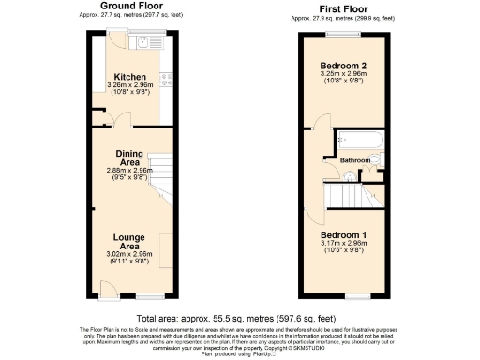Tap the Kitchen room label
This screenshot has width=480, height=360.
128,77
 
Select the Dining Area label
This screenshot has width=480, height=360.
128,157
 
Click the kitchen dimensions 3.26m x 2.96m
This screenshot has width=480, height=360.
128,85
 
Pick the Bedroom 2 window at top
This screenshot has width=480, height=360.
341,35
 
